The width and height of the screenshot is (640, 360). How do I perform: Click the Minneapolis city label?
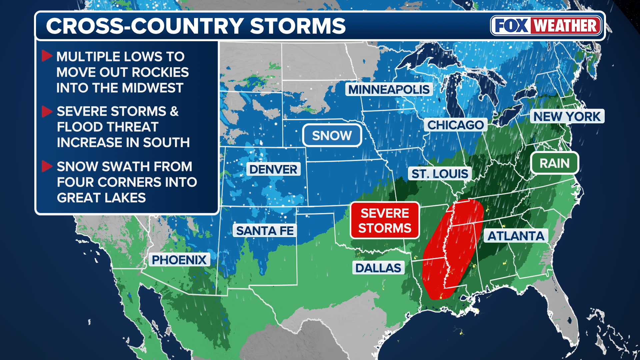tap(389, 89)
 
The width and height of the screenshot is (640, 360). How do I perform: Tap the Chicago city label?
tap(455, 125)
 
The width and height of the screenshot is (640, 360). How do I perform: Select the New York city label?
tap(567, 116)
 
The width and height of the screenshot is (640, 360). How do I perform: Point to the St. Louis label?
tap(439, 174)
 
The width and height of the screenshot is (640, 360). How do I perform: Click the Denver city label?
tap(273, 169)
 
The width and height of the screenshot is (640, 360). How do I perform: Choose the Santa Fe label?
tap(265, 230)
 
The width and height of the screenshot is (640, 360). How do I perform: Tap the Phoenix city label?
tap(179, 259)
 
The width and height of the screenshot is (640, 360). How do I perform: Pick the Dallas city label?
tap(378, 268)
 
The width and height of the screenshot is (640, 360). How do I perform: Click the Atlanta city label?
tap(515, 236)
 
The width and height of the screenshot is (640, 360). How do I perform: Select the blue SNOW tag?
tap(332, 135)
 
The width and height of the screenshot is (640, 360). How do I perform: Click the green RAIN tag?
tap(554, 163)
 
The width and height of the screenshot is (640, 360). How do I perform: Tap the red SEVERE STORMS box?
tap(385, 220)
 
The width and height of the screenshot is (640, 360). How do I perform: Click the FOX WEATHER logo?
tap(546, 26)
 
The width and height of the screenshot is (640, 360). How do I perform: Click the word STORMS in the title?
tap(298, 26)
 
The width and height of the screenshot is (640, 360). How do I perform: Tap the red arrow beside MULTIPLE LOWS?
tap(47, 56)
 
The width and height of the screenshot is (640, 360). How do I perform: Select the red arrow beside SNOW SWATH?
tap(47, 166)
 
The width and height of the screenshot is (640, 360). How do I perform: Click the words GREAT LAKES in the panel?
tap(101, 198)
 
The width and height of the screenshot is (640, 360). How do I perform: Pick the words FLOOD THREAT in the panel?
tap(107, 127)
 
